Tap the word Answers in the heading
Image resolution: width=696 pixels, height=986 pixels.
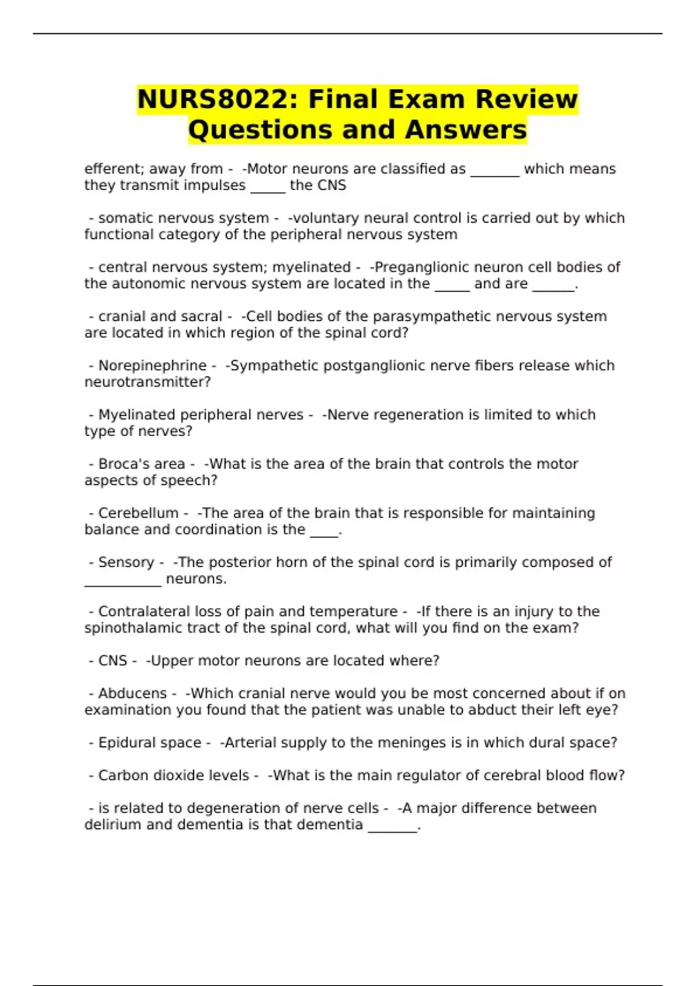pyautogui.click(x=466, y=130)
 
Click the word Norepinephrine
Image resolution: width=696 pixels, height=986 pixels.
pyautogui.click(x=152, y=365)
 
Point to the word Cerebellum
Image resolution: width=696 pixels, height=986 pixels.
pyautogui.click(x=138, y=513)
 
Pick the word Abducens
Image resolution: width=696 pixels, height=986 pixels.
pyautogui.click(x=132, y=693)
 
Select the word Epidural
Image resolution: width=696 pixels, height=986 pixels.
pyautogui.click(x=124, y=742)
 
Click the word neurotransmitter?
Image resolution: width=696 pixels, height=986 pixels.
pyautogui.click(x=147, y=382)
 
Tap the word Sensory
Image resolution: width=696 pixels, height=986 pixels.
pyautogui.click(x=126, y=562)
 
